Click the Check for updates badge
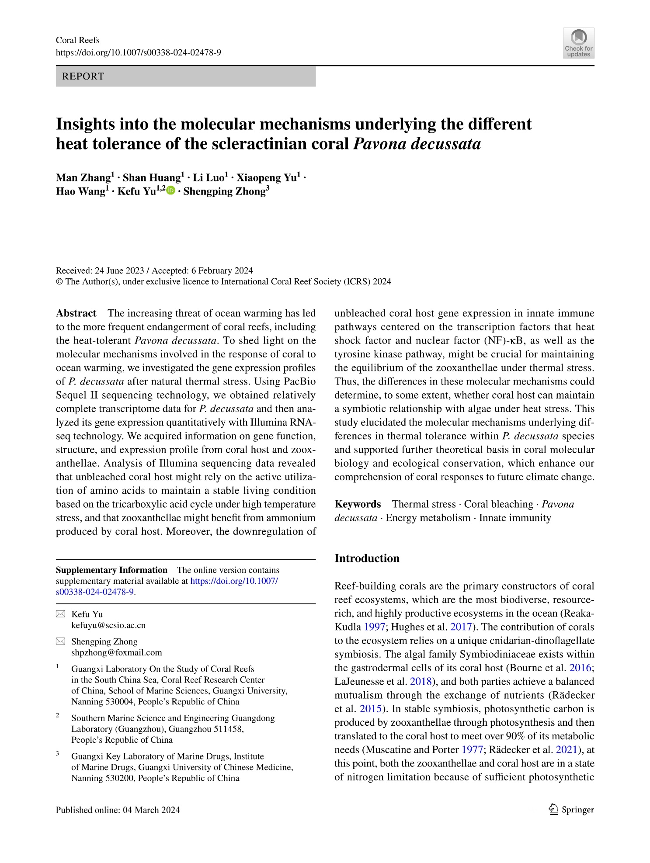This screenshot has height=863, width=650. [578, 43]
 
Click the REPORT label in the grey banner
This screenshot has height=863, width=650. [83, 76]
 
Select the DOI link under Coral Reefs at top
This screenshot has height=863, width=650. [138, 52]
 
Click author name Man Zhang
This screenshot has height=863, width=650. [83, 177]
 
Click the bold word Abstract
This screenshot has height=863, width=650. [76, 313]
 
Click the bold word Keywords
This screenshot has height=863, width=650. [358, 504]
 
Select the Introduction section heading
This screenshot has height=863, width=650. [367, 558]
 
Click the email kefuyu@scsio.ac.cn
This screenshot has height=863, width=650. [108, 625]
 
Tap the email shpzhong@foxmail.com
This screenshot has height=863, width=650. [116, 652]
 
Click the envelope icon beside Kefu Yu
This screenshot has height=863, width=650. [60, 614]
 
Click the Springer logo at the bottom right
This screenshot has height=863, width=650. [571, 810]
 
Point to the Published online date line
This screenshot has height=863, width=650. [118, 810]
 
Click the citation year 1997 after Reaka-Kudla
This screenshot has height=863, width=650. [374, 627]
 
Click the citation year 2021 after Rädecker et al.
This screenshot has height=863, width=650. [566, 750]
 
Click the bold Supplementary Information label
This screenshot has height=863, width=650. [111, 570]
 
